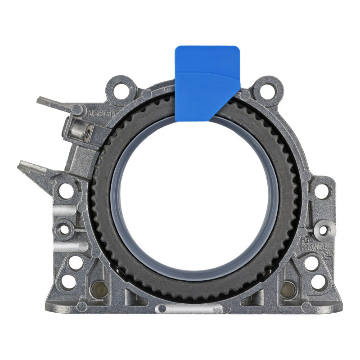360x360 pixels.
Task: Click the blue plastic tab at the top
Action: click(207, 81)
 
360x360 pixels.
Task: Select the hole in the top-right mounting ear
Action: click(267, 91)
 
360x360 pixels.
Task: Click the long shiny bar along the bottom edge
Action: click(189, 309)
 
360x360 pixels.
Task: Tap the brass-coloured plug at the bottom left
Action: click(98, 290)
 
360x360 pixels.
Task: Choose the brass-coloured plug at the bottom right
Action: click(288, 289)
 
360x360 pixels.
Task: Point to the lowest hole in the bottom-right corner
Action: click(318, 282)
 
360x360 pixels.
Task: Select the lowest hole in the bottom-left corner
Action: click(68, 282)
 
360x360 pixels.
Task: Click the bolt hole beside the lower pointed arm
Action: click(66, 190)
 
